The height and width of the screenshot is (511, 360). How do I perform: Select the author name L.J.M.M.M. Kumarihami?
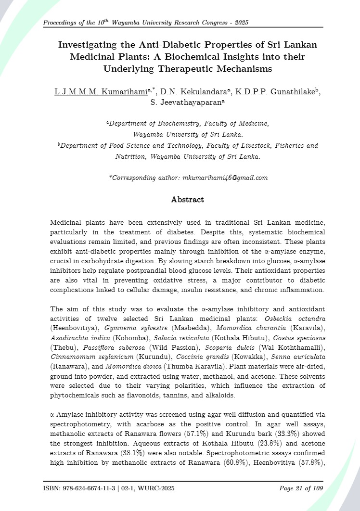coord(100,92)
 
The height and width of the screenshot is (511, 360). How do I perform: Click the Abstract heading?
coord(188,199)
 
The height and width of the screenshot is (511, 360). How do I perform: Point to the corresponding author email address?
coord(225,178)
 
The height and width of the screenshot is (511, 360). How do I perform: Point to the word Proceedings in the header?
coord(61,23)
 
